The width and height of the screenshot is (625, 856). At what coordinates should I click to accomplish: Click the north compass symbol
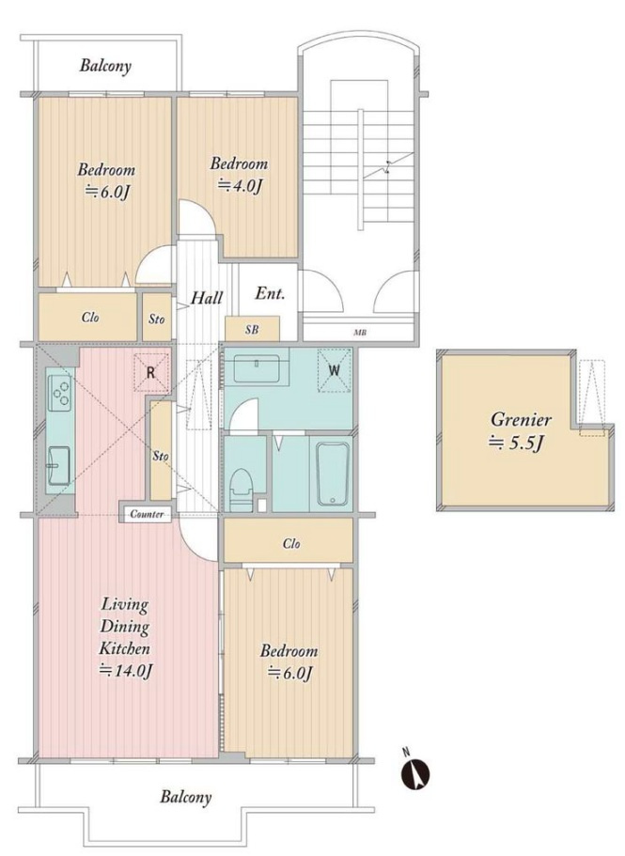[416, 770]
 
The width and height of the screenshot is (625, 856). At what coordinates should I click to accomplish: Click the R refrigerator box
[151, 373]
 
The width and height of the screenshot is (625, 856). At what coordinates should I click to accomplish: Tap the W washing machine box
[335, 370]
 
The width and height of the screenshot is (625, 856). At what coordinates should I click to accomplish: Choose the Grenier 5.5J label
[519, 431]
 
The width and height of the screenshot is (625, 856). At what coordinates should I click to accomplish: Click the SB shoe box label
[252, 330]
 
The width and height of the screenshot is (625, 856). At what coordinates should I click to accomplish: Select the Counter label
[147, 514]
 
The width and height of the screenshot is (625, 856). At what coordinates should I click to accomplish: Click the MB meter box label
[361, 332]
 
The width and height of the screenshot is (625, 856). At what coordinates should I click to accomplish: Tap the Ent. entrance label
[270, 294]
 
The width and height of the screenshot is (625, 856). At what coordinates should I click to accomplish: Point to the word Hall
[207, 298]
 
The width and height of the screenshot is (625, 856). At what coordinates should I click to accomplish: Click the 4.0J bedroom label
[241, 186]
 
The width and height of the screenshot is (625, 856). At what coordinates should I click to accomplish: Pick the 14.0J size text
[126, 670]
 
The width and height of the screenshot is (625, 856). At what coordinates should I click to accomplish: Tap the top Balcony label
[105, 67]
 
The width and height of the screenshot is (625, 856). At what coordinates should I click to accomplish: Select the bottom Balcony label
[185, 797]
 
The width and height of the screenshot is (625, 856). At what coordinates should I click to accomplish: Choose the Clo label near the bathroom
[291, 544]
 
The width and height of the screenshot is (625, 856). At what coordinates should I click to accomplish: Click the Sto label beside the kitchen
[161, 456]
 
